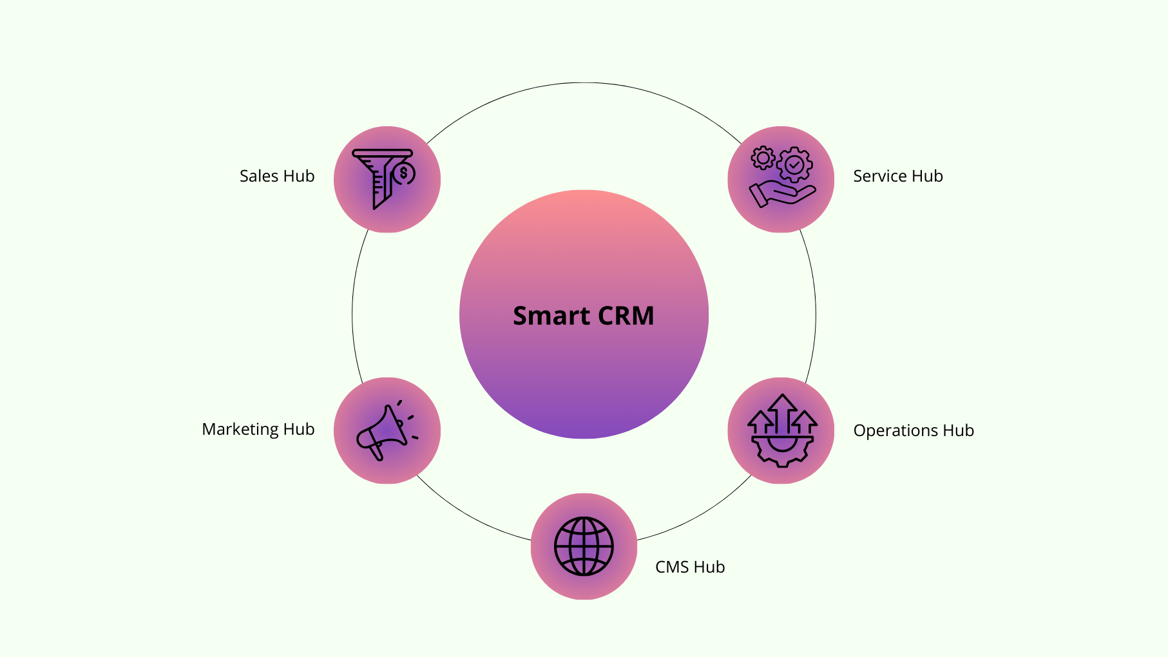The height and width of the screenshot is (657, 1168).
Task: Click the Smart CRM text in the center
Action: click(583, 316)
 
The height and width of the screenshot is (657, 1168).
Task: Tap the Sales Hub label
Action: click(277, 176)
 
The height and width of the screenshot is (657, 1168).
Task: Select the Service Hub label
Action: click(897, 176)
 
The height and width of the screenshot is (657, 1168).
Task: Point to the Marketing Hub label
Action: click(258, 429)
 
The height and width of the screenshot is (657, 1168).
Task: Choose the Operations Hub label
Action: click(913, 430)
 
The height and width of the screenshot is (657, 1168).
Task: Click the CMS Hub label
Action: click(689, 567)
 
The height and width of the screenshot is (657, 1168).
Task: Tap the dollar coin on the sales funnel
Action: click(404, 173)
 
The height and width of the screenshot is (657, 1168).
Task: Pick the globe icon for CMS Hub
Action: click(584, 546)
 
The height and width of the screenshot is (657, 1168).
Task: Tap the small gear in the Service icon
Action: click(763, 158)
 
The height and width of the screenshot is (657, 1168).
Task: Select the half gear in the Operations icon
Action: click(782, 451)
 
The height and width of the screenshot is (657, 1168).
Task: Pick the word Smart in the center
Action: click(551, 316)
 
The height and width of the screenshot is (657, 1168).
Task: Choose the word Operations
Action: click(895, 430)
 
